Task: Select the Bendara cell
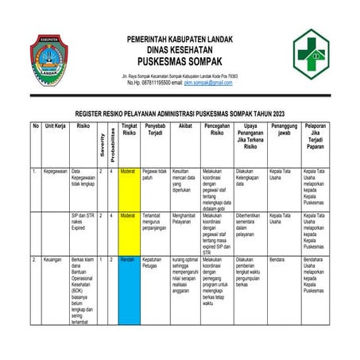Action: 277,261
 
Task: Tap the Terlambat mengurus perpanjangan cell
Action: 157,223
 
